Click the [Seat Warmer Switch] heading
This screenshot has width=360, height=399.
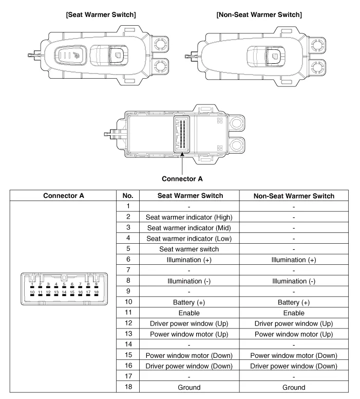click(x=101, y=14)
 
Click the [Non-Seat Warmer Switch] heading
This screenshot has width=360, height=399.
click(x=259, y=14)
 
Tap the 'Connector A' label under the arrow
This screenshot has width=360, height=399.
click(x=182, y=179)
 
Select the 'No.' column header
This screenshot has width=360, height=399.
click(x=128, y=195)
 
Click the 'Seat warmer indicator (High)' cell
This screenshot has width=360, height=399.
click(x=189, y=217)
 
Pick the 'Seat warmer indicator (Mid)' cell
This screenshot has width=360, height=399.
click(x=189, y=228)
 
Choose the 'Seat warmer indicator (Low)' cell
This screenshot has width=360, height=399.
click(x=189, y=239)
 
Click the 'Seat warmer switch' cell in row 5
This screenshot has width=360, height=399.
click(x=189, y=249)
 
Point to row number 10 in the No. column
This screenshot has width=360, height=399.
click(x=128, y=302)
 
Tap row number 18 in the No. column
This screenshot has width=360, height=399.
click(x=128, y=387)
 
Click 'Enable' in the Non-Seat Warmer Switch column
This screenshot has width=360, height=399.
click(x=294, y=313)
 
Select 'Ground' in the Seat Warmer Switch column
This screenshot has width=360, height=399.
click(x=189, y=387)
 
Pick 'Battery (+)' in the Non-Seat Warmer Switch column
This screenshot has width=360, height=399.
click(x=294, y=302)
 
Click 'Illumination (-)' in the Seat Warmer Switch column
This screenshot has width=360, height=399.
click(x=189, y=281)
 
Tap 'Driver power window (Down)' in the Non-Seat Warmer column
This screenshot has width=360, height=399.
click(x=294, y=366)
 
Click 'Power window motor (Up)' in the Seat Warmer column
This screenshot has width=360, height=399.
click(x=189, y=334)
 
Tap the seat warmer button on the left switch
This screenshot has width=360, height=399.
click(x=77, y=57)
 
